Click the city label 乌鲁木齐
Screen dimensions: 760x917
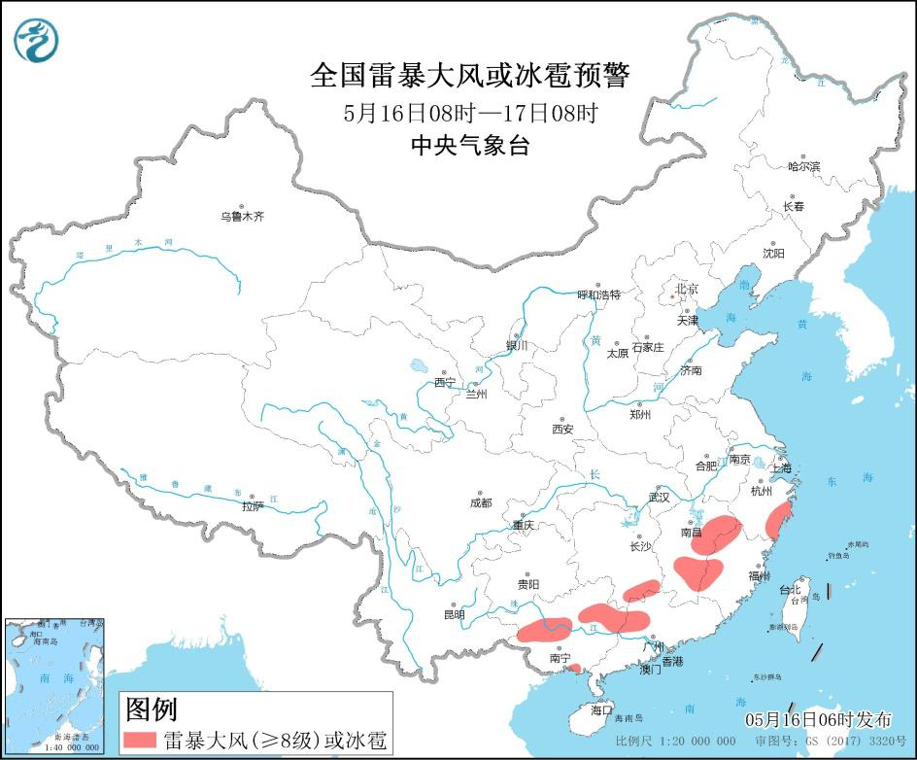[242, 217]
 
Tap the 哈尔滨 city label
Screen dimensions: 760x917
[803, 167]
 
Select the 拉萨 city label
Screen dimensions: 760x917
[253, 505]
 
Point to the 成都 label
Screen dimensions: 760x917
[480, 502]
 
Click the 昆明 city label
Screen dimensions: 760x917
[454, 614]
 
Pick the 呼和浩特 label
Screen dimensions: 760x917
[598, 294]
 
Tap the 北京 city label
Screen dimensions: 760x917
[687, 289]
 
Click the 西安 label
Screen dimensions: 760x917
[563, 429]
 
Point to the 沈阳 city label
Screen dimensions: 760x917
[773, 254]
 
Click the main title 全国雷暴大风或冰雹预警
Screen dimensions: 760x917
[470, 75]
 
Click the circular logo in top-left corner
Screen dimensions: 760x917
[36, 40]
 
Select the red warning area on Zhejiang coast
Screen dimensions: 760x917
[777, 521]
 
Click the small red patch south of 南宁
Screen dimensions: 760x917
[575, 668]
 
